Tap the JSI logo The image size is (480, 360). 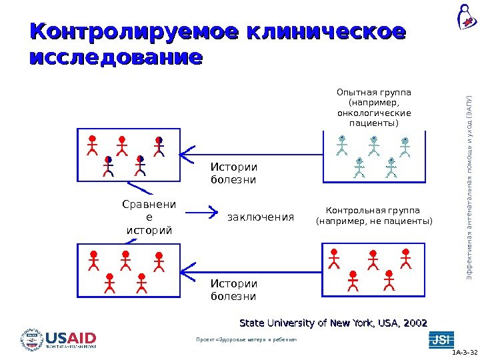coord(439,339)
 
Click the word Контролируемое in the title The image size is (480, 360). coord(134,32)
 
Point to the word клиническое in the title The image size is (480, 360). coord(326,32)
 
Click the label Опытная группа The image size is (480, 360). coord(374,92)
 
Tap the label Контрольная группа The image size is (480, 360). coord(373,209)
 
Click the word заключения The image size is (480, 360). coord(261,217)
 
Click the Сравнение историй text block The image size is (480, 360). coord(149,216)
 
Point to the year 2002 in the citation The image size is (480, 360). coord(413,323)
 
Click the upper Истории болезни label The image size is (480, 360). coord(233,173)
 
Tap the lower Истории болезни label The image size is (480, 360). coord(233,289)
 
